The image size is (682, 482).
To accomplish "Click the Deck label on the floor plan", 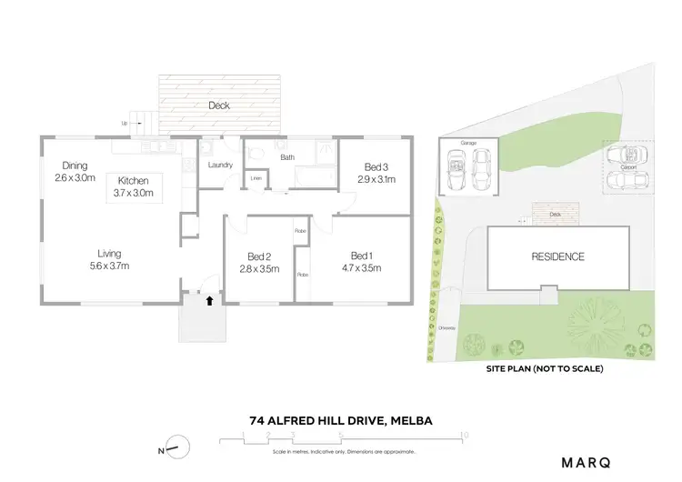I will (218, 105).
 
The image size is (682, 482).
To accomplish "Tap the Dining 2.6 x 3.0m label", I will (74, 171).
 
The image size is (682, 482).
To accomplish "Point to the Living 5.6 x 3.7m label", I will (110, 259).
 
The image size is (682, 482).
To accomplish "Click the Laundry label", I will (221, 165).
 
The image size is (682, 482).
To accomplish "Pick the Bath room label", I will (287, 157).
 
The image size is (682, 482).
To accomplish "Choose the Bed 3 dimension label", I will (376, 173).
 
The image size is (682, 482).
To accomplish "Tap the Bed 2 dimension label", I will (257, 262).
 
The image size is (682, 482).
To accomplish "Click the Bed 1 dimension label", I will (362, 262).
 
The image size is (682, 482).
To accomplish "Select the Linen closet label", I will (256, 178).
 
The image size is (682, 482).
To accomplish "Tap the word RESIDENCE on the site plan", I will (558, 256).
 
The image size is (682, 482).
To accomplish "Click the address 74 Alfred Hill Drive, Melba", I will (341, 420).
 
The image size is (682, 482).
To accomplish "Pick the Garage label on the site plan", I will (468, 143).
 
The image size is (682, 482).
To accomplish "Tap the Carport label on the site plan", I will (627, 166).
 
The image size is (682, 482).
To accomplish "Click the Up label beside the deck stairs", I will (124, 123).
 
